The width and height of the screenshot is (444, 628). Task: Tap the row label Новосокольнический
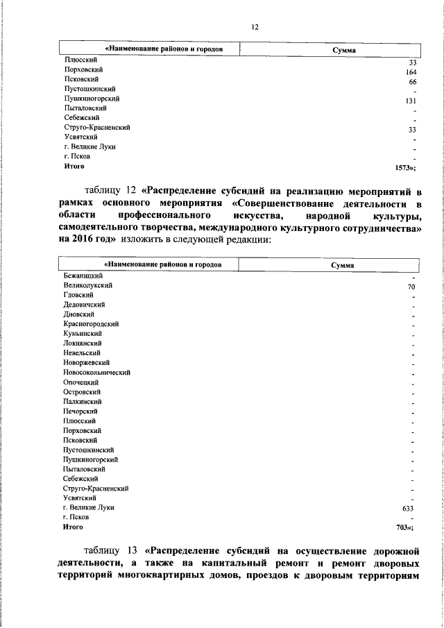[x=97, y=373]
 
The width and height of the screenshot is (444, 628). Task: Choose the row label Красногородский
[x=91, y=324]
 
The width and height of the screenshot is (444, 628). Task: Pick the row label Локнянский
[x=83, y=343]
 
